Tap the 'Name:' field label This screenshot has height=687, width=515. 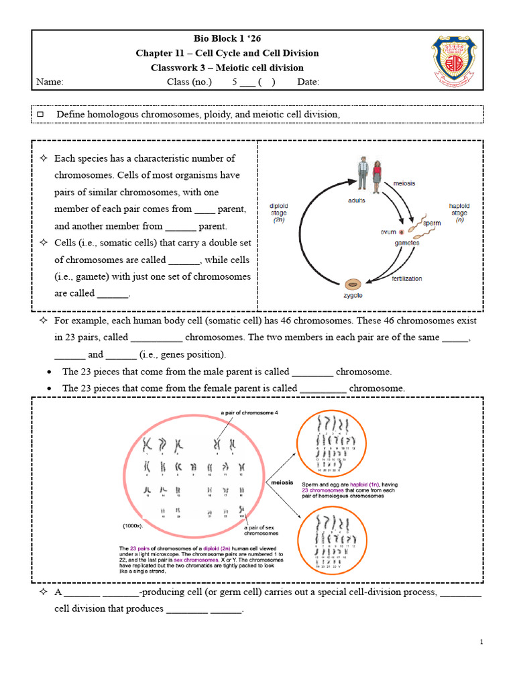pyautogui.click(x=50, y=82)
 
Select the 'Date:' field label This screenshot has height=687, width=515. pyautogui.click(x=308, y=82)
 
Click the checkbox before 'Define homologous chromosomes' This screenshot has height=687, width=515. pyautogui.click(x=40, y=115)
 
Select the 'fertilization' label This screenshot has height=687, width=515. pyautogui.click(x=408, y=278)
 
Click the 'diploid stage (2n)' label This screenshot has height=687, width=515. pyautogui.click(x=278, y=213)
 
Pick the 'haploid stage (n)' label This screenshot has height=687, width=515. pyautogui.click(x=459, y=213)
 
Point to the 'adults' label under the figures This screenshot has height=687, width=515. pyautogui.click(x=357, y=200)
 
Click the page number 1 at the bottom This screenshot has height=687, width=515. pyautogui.click(x=481, y=643)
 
